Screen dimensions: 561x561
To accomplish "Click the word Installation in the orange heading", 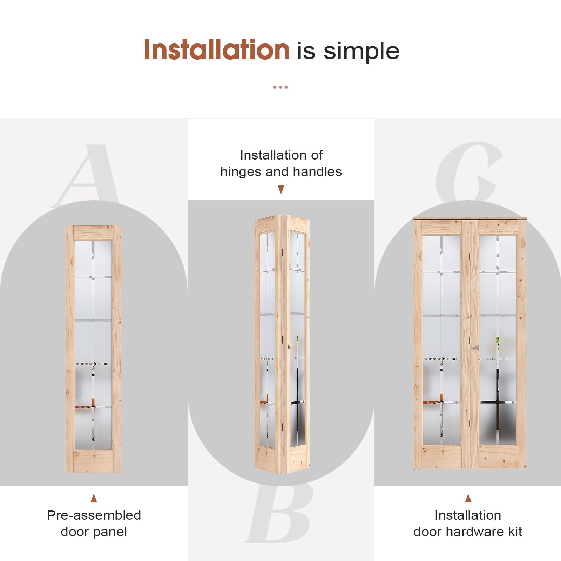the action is [217, 49].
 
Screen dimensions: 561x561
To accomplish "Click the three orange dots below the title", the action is [280, 87].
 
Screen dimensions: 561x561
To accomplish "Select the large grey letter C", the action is [469, 172].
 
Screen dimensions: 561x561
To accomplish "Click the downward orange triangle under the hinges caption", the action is [281, 190].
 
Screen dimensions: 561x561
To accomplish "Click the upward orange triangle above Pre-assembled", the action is [94, 498].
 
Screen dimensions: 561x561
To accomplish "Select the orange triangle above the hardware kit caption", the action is [468, 498].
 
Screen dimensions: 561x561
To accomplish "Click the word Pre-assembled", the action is [94, 515].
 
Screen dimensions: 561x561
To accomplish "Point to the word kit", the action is [515, 532].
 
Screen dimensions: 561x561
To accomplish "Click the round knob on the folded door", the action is [290, 346].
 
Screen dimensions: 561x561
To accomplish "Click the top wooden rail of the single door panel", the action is [93, 232].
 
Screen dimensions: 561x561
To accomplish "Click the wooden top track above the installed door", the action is [470, 218].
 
